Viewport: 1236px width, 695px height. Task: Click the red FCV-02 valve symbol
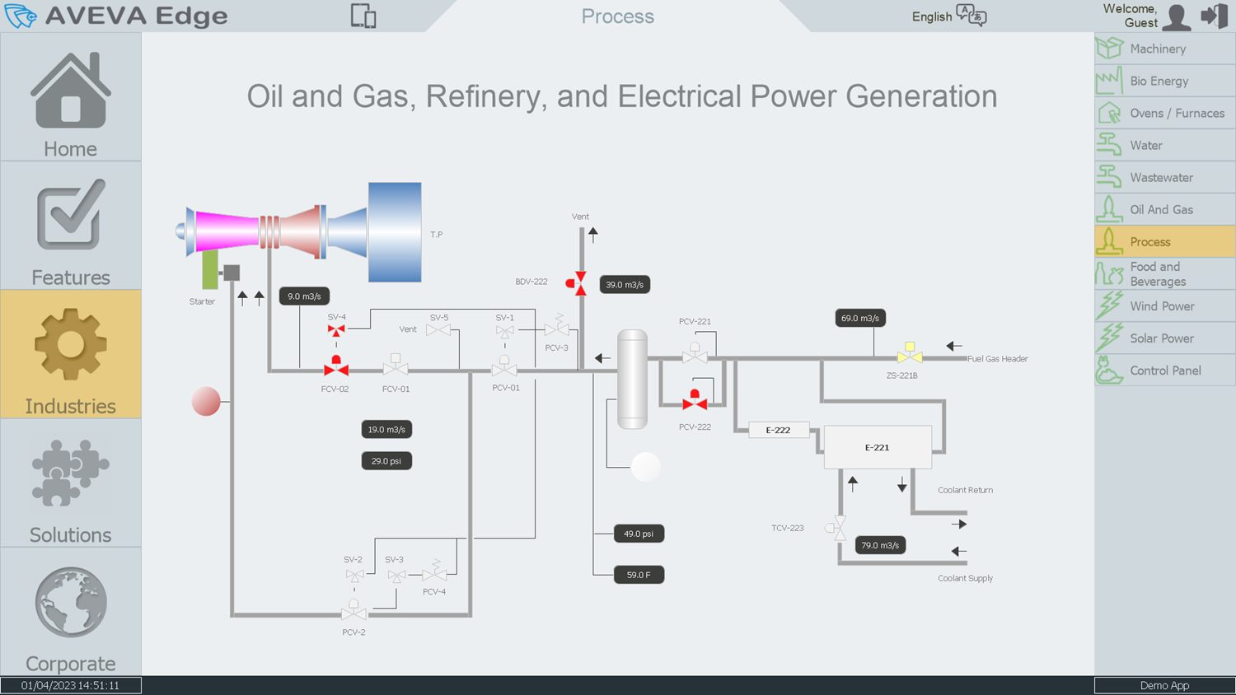click(x=336, y=366)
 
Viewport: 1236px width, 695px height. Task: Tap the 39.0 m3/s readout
click(x=625, y=285)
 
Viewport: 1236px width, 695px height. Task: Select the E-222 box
click(x=779, y=430)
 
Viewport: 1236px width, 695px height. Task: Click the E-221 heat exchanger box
click(x=878, y=447)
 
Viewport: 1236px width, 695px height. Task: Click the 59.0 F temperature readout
click(x=639, y=575)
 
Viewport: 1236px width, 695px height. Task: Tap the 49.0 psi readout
click(x=639, y=534)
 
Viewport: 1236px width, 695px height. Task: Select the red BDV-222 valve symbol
click(x=576, y=283)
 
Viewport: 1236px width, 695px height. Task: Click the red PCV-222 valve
click(x=695, y=400)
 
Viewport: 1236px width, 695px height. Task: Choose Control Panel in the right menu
click(x=1165, y=371)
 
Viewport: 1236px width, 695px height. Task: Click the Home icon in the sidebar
click(x=71, y=91)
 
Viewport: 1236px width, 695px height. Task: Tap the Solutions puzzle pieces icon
click(x=71, y=473)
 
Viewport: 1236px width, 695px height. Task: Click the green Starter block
click(x=209, y=270)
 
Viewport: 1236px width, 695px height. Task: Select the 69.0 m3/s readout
click(x=860, y=318)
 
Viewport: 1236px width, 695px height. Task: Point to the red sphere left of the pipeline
click(x=206, y=401)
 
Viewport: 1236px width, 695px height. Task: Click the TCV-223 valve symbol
click(x=836, y=528)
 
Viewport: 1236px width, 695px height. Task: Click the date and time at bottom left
click(x=70, y=686)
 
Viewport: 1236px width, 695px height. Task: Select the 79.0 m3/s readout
click(x=880, y=545)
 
